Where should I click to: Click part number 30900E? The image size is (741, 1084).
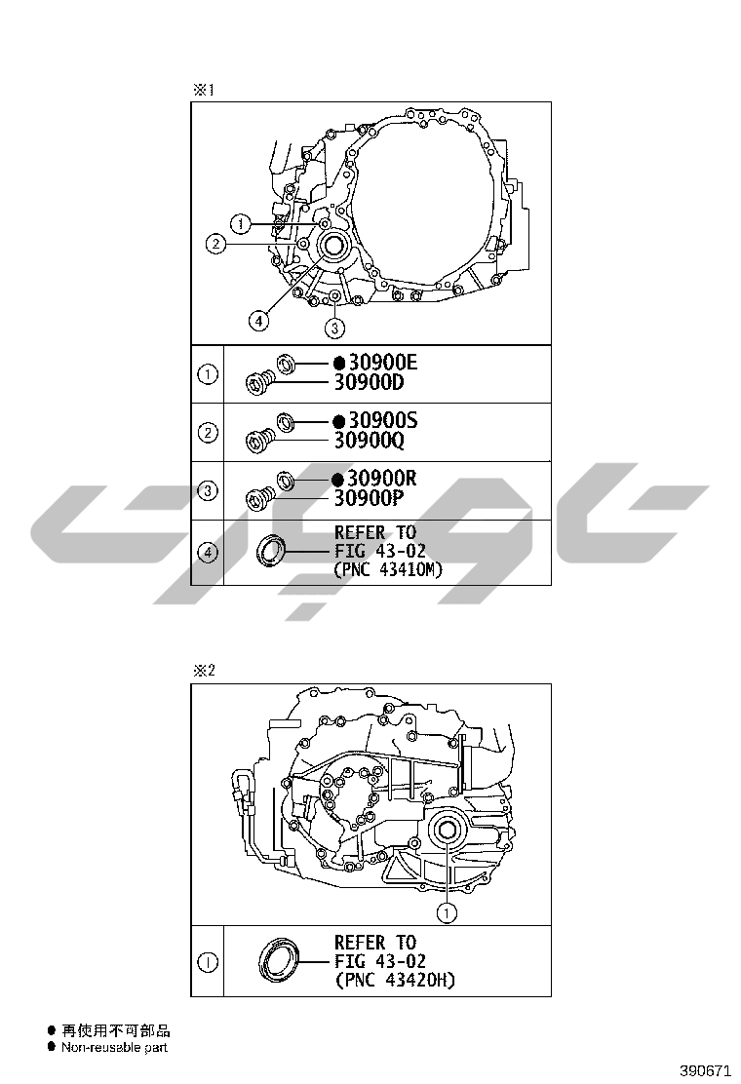tap(383, 363)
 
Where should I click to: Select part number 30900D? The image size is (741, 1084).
tap(370, 382)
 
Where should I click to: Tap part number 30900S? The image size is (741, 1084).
tap(383, 420)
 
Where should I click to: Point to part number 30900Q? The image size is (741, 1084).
tap(370, 441)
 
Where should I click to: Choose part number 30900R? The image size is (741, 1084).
tap(382, 479)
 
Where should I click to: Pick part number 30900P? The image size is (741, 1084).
tap(370, 498)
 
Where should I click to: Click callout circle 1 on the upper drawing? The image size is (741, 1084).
tap(241, 224)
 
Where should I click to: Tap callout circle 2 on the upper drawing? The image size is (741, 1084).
tap(215, 244)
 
